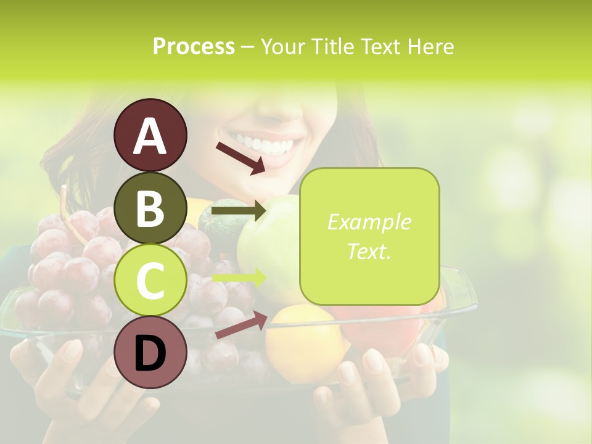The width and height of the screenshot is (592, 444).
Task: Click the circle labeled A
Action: click(150, 135)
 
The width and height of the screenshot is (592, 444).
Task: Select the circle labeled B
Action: click(150, 208)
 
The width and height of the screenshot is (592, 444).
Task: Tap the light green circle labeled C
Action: click(150, 281)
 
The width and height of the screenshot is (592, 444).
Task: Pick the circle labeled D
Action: click(150, 353)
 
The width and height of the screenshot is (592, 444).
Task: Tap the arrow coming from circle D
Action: click(241, 325)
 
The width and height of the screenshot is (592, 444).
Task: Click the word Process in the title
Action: click(194, 47)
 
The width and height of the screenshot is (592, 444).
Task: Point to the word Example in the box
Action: click(369, 222)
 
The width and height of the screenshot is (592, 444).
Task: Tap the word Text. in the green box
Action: click(369, 252)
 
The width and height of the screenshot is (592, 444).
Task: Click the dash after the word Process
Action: click(248, 47)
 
